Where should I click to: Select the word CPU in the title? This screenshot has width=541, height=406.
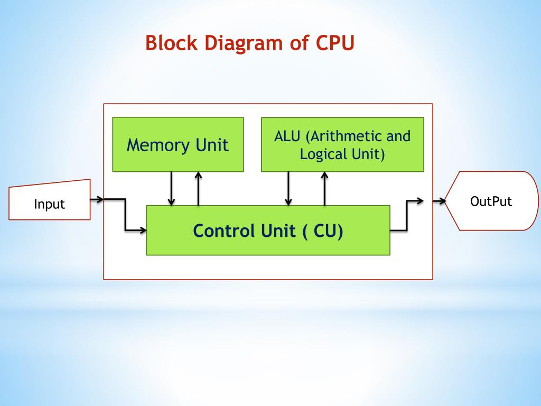[334, 43]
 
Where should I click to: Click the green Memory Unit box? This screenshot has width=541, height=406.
[178, 144]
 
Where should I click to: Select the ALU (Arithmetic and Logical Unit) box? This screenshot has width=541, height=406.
[342, 144]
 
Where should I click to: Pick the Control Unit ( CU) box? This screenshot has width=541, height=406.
[268, 230]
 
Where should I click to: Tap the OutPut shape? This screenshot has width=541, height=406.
[491, 201]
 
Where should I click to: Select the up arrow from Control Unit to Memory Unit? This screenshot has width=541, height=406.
[198, 188]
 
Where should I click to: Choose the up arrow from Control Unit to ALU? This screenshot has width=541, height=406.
[324, 188]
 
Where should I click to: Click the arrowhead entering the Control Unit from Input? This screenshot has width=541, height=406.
[142, 230]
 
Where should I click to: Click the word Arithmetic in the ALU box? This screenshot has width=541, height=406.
[344, 136]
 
